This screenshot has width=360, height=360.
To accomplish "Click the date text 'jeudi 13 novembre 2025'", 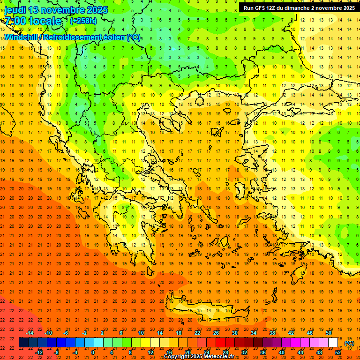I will (56, 10).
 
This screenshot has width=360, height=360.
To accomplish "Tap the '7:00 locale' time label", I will (33, 21).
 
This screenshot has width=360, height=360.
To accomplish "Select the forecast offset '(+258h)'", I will (83, 21).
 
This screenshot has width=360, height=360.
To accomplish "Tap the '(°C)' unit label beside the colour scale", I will (349, 343).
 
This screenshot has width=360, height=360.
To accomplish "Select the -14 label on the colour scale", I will (30, 333).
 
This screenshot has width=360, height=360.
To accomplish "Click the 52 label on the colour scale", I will (338, 352).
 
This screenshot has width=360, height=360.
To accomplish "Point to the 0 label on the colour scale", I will (93, 352).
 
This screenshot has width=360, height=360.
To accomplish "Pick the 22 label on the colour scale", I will (197, 333).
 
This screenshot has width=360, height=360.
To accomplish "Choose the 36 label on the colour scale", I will (263, 352).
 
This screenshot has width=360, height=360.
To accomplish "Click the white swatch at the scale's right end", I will (333, 343).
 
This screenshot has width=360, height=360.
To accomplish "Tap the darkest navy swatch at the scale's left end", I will (23, 343).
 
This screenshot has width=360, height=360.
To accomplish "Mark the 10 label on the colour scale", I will (141, 333).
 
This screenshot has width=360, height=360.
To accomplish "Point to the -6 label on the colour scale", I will (66, 333).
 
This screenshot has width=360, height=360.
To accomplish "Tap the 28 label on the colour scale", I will (225, 352).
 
